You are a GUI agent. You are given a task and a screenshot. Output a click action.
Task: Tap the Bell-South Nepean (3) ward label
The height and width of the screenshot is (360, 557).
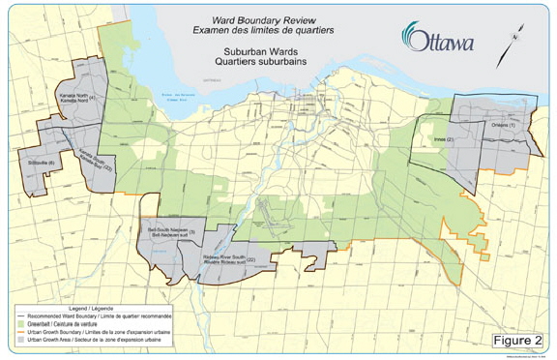point(172,233)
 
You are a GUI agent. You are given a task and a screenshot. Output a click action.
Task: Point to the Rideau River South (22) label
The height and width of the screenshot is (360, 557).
point(233,259)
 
